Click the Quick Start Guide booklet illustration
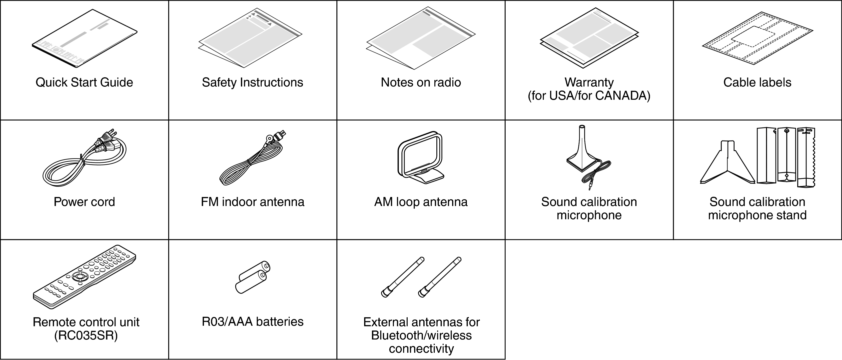click(84, 39)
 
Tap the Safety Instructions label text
click(252, 82)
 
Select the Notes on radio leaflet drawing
click(421, 39)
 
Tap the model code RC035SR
click(86, 336)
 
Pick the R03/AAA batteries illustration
click(252, 277)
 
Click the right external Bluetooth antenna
click(440, 277)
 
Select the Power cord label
click(84, 202)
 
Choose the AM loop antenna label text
click(421, 202)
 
